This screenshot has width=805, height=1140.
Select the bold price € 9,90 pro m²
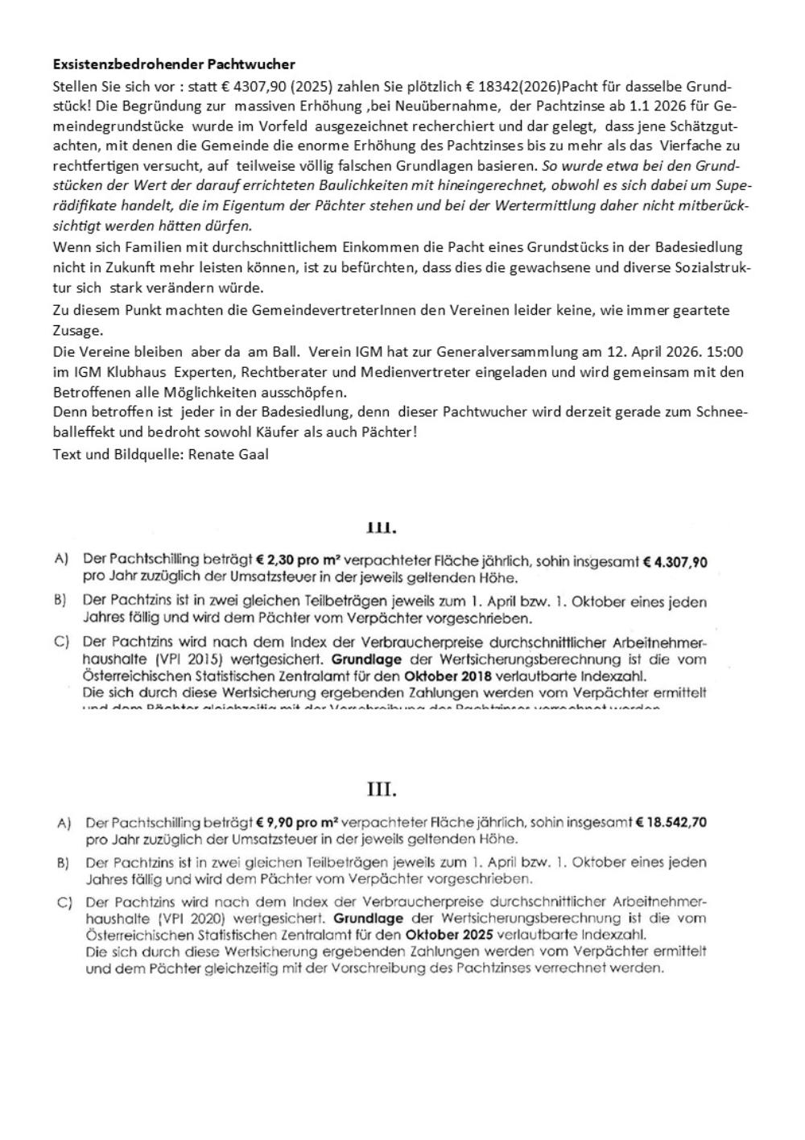click(298, 823)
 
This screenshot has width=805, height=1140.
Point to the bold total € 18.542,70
click(671, 823)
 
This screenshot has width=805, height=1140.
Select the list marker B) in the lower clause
click(63, 863)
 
